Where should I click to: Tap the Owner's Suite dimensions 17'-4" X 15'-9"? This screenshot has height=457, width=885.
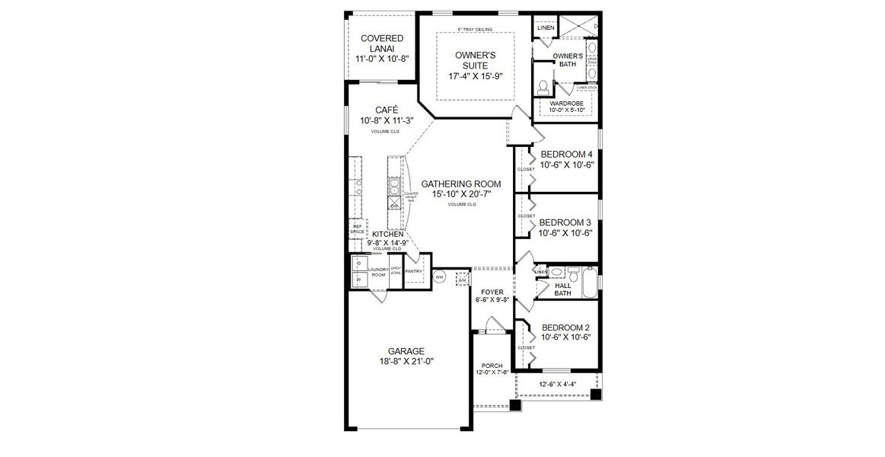click(476, 75)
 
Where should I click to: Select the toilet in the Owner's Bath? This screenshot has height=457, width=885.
click(544, 85)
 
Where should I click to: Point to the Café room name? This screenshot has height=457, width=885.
click(380, 110)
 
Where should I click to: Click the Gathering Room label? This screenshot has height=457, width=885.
click(461, 184)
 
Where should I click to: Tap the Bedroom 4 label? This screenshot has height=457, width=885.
click(566, 154)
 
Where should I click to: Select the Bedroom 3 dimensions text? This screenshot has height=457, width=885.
click(565, 233)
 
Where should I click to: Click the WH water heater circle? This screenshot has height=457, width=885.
click(438, 277)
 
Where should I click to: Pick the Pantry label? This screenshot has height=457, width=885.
click(414, 271)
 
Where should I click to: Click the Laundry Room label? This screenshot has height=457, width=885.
click(378, 272)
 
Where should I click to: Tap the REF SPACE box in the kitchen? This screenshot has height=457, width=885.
click(356, 228)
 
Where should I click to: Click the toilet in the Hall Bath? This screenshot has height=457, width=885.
click(557, 272)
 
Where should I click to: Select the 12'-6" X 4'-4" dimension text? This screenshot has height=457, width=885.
click(557, 385)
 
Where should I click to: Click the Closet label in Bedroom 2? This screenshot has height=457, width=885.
click(526, 348)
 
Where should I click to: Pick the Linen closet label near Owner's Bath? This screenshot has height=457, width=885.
click(546, 28)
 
